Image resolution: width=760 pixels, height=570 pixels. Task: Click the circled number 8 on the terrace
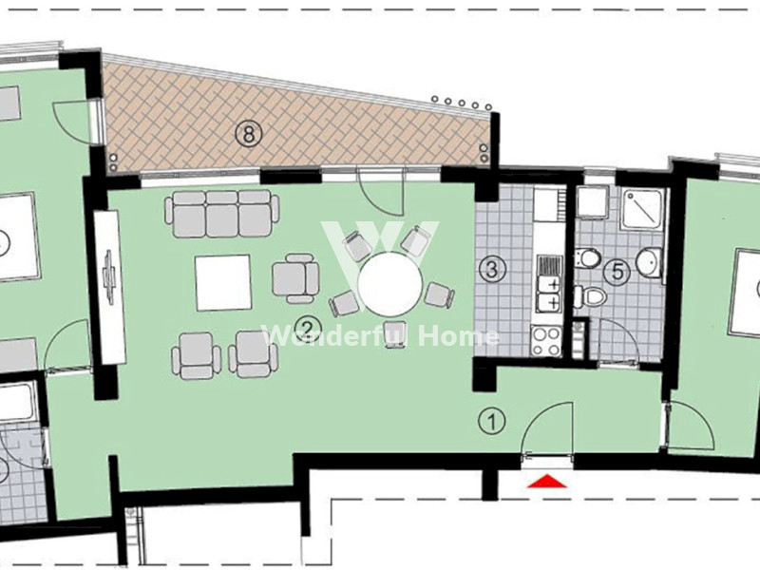[x=249, y=133]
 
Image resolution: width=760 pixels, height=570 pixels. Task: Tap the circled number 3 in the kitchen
[x=492, y=270]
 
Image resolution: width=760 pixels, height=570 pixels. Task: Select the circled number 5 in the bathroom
[x=617, y=272]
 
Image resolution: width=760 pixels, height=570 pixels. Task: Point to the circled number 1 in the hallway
[x=492, y=421]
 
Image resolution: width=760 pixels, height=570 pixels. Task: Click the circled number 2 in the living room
[x=306, y=329]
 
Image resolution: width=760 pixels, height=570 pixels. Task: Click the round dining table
[x=389, y=284]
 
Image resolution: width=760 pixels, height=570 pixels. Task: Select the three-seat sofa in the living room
[x=222, y=213]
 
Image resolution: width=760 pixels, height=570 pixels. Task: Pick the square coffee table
[x=223, y=283]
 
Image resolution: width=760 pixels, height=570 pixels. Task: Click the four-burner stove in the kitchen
[x=546, y=341]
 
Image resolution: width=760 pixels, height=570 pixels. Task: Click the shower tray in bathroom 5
[x=643, y=208]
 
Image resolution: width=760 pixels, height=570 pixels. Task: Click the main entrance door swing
[x=547, y=429]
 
